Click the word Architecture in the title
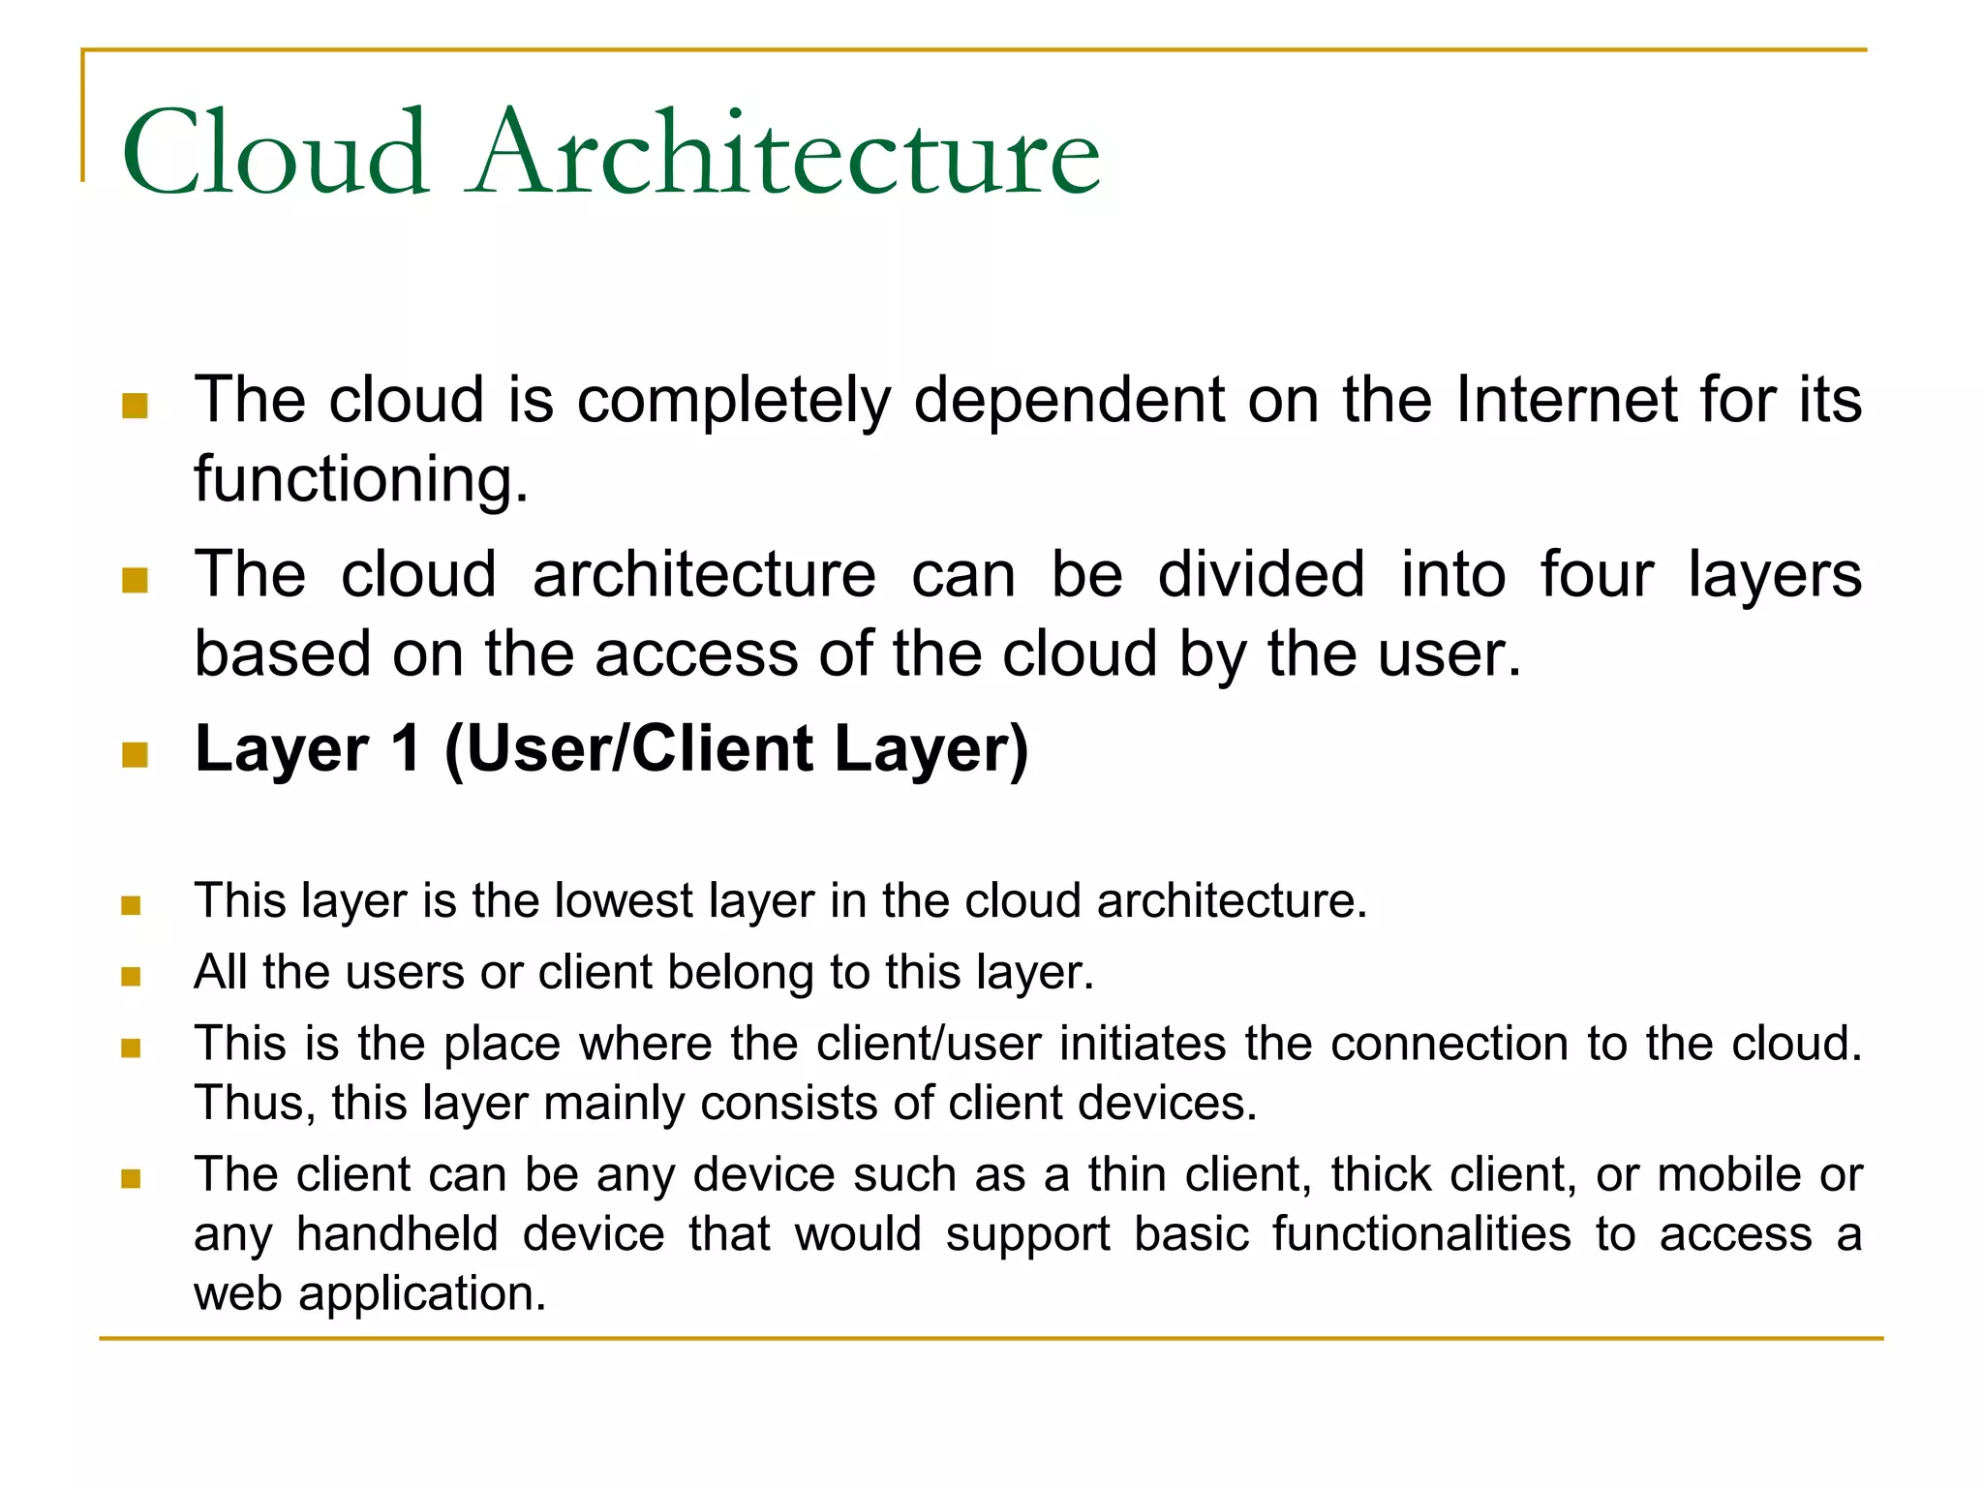pos(784,153)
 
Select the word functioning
pos(361,479)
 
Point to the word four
pos(1597,574)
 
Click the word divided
pos(1261,574)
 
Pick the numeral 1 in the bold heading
pos(405,749)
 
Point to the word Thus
pos(254,1103)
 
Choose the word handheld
pos(397,1234)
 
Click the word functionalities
pos(1421,1234)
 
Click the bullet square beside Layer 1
pos(135,754)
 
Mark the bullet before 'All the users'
pos(131,976)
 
